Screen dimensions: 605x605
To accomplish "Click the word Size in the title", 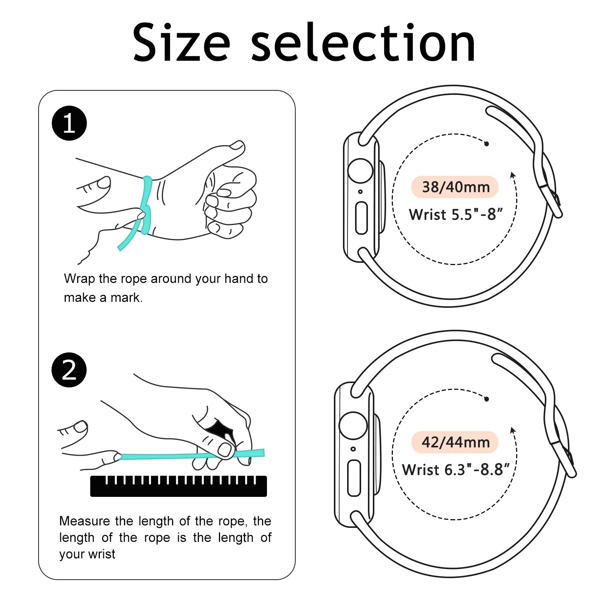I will [x=181, y=43].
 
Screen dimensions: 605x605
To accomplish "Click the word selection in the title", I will [x=363, y=43].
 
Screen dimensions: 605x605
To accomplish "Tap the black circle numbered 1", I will [x=69, y=123].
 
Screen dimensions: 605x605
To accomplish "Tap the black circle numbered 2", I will [x=69, y=370].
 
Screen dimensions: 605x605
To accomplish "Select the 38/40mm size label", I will [x=455, y=187].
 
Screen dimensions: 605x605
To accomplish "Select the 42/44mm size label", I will [x=455, y=442].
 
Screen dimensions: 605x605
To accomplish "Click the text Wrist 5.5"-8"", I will [x=456, y=214].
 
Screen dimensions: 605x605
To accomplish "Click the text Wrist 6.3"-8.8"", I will [x=456, y=470].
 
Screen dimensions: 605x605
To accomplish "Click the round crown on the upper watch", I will [x=360, y=171].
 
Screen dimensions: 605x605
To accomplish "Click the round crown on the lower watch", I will [x=353, y=425].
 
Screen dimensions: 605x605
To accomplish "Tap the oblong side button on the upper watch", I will [x=361, y=218].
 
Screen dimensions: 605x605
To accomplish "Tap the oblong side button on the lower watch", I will [x=354, y=478].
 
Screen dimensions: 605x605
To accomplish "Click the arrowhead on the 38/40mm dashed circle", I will [x=513, y=175].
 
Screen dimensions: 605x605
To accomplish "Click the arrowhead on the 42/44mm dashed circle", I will [x=513, y=430].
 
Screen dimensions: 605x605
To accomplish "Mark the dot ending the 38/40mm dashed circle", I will [x=487, y=144].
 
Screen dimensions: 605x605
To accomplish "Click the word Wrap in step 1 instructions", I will [x=79, y=279].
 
